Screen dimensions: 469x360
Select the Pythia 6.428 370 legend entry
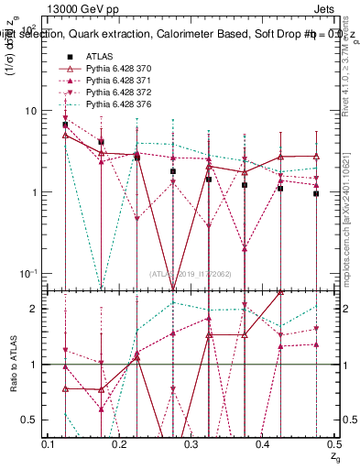(115, 69)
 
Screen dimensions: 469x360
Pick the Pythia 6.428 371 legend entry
(115, 82)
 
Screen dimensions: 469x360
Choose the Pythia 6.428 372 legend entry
(115, 94)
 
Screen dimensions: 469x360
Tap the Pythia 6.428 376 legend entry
(115, 107)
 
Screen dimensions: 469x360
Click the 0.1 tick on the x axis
(49, 443)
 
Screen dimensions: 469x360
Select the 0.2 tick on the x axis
(121, 443)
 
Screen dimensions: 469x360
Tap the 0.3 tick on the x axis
(191, 443)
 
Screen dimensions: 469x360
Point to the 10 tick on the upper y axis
(31, 111)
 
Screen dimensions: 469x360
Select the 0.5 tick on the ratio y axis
(31, 420)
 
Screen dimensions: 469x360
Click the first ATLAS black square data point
(65, 125)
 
